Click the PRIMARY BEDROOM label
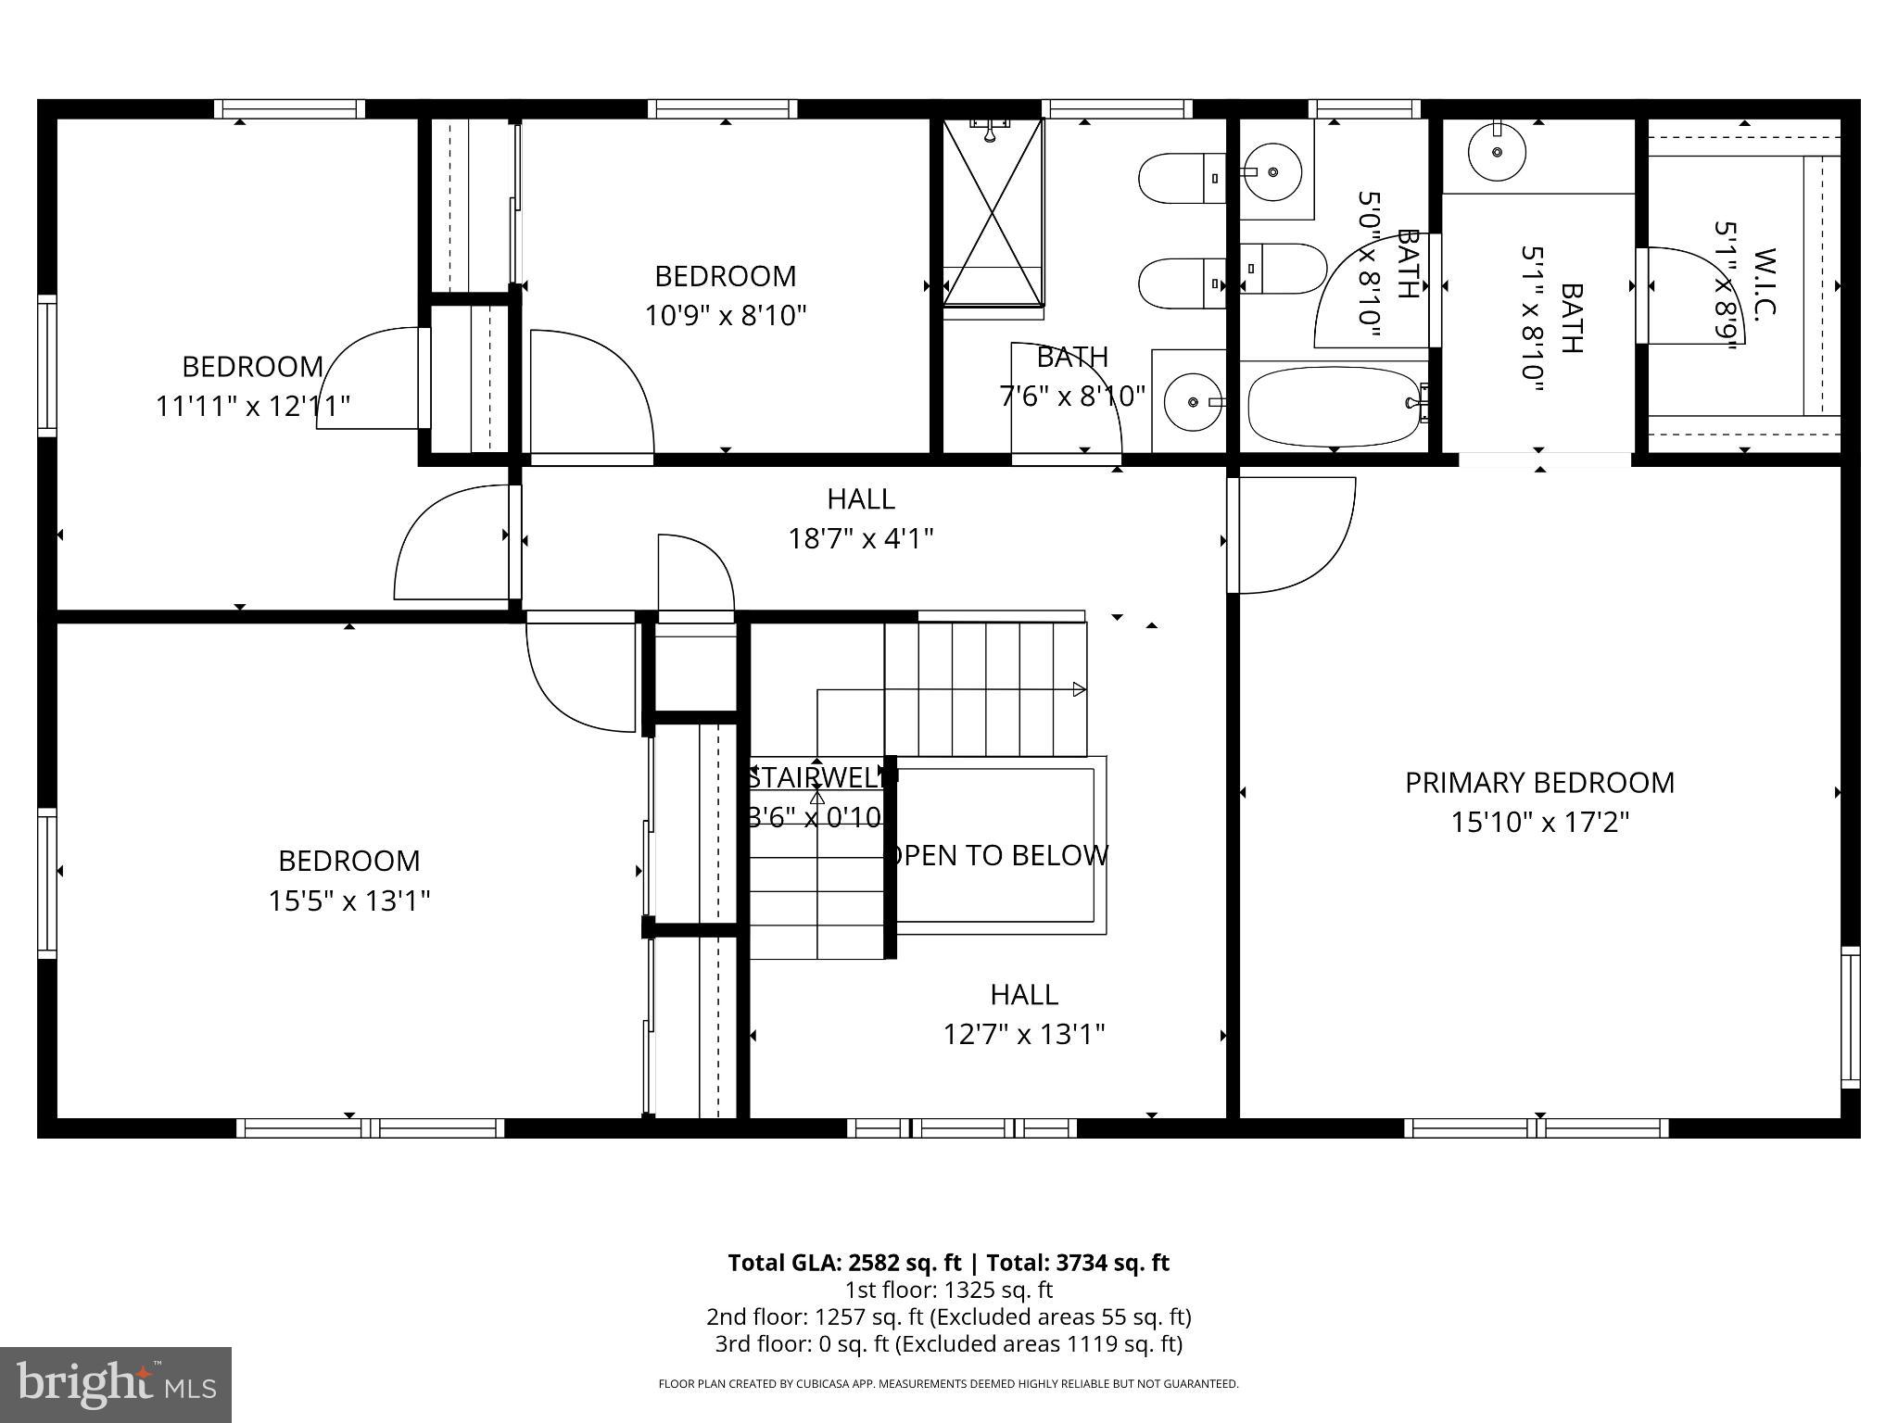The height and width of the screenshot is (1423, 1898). point(1539,783)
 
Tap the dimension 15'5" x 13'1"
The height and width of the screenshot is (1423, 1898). point(349,900)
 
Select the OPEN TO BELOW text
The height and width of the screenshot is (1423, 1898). point(999,854)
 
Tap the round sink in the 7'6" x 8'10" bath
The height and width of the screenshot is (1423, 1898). point(1193,402)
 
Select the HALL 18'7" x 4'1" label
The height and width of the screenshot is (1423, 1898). point(860,519)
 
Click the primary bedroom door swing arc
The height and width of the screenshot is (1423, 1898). point(1297,535)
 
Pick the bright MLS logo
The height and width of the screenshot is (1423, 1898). point(116,1384)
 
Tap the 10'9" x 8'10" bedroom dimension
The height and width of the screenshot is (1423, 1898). point(726,316)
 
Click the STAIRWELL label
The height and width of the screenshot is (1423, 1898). point(816,778)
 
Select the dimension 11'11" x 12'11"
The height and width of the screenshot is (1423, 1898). point(252,406)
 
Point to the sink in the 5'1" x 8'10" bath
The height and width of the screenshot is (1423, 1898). point(1497,153)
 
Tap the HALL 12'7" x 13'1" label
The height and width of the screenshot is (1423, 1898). point(1023,1014)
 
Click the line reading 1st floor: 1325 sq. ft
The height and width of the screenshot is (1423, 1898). point(948,1290)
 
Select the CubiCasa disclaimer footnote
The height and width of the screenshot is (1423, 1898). point(948,1384)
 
